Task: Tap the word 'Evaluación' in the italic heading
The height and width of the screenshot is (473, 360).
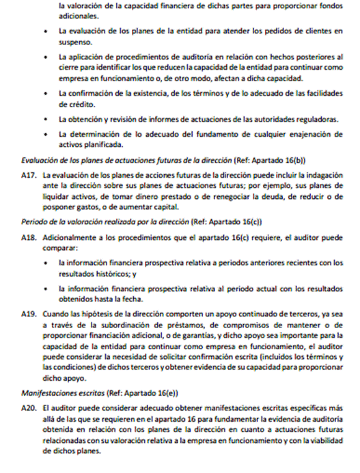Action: coord(43,160)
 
